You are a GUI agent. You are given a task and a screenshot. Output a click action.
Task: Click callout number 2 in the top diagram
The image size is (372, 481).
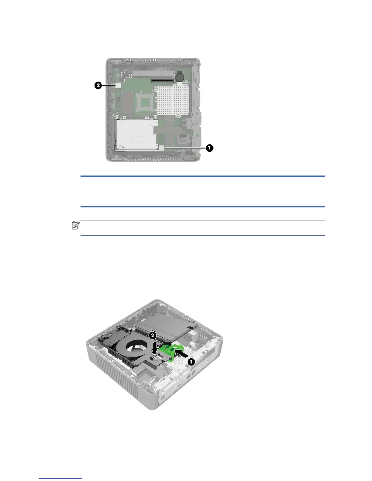coord(98,85)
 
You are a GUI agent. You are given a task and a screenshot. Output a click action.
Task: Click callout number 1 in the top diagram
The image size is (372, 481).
coord(209,148)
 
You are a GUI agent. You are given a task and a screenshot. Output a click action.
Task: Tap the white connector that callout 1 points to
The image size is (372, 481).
coord(161,148)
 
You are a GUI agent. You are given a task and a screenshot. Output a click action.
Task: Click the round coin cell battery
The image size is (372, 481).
coord(180,77)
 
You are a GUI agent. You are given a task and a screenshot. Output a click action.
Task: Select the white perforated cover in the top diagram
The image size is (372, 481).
coord(172,100)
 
